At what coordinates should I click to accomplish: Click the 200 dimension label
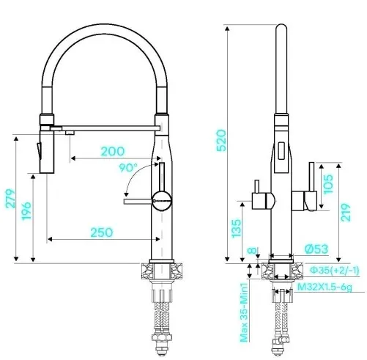coord(113,151)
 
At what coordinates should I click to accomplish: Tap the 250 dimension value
coord(102,232)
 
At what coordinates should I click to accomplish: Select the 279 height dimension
coord(10,199)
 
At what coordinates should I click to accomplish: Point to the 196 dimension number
coord(26,211)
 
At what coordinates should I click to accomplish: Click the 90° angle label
coord(128,168)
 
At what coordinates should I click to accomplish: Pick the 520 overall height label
coord(221,141)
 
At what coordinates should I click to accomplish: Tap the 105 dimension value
coord(328,184)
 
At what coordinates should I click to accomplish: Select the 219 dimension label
coord(346,213)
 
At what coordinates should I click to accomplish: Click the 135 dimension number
coord(236,229)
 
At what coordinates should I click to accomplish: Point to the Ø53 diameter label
coord(316,249)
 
